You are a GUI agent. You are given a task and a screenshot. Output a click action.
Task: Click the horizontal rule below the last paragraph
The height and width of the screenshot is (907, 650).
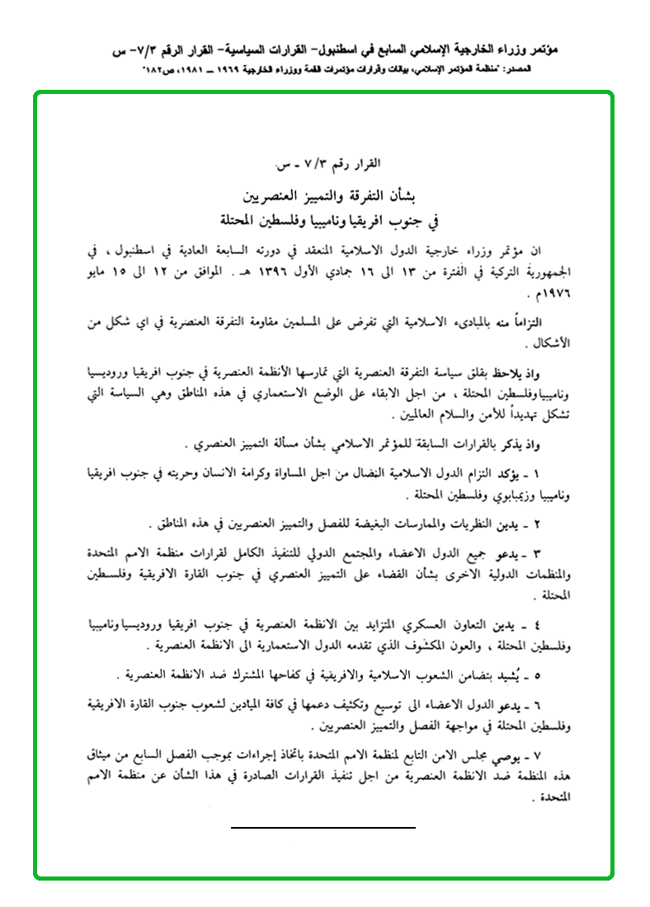(x=323, y=825)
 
